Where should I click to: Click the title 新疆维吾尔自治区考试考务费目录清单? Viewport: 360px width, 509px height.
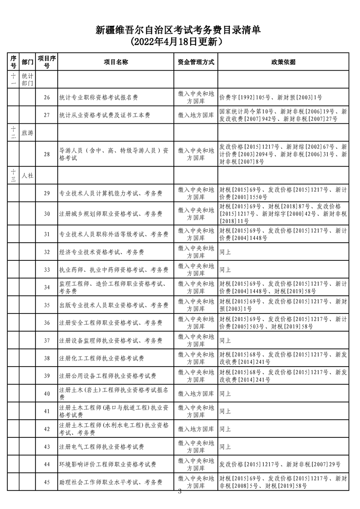tap(180, 30)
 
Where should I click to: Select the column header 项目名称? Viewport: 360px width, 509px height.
tap(116, 62)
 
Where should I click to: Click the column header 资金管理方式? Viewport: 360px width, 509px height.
tap(196, 62)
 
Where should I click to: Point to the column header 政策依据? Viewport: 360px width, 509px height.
tap(283, 62)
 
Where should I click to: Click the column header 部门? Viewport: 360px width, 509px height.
tap(27, 62)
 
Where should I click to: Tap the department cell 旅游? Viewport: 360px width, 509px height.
tap(27, 133)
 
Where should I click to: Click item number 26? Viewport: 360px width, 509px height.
tap(47, 97)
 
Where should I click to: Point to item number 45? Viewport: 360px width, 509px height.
tap(47, 482)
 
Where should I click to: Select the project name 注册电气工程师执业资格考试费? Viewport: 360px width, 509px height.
tap(102, 447)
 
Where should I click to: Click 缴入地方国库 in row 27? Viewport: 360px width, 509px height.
tap(196, 115)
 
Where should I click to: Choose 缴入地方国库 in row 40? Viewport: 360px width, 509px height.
tap(196, 394)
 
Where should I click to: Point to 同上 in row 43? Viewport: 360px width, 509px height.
tap(225, 447)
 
